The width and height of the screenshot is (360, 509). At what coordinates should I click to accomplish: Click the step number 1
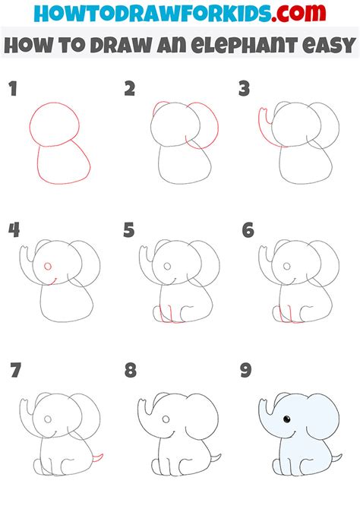coord(13,89)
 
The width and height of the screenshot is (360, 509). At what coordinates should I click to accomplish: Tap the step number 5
coord(129,230)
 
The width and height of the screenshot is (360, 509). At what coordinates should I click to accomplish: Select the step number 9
coord(246,370)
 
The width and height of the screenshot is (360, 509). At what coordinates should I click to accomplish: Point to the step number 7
coord(16,370)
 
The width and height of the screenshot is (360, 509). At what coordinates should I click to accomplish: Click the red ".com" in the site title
coord(298,13)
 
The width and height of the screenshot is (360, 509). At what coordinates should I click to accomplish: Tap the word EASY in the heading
coord(328,45)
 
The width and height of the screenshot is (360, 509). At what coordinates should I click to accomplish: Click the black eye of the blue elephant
coord(287,419)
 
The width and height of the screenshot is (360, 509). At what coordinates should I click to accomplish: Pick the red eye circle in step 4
coord(48,266)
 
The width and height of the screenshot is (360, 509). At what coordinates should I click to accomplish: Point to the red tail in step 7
coord(99,458)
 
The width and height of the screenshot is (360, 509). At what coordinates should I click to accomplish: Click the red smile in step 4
coord(52,283)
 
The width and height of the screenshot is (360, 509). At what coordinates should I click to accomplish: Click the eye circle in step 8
coord(166,419)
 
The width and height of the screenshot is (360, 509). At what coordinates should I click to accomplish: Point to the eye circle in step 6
coord(286,266)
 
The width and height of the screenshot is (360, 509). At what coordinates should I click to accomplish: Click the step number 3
coord(244,89)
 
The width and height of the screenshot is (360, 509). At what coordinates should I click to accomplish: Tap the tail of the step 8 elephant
coord(216,458)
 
